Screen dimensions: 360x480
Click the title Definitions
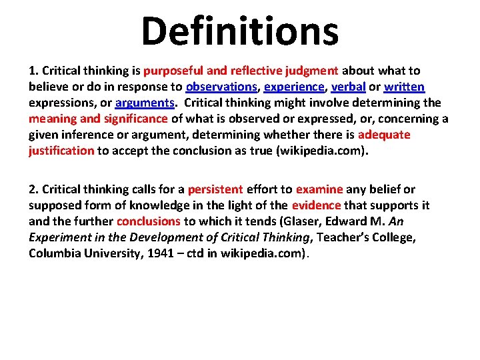(240, 31)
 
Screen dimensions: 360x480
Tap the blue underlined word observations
(221, 87)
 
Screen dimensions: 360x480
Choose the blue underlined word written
(404, 87)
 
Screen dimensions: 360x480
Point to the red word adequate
(384, 135)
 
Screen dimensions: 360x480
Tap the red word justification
(61, 151)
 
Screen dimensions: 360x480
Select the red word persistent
(215, 189)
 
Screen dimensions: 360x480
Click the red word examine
(319, 189)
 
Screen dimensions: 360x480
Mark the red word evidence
(316, 205)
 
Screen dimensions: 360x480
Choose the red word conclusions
(149, 221)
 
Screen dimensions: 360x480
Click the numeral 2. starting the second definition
(34, 189)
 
